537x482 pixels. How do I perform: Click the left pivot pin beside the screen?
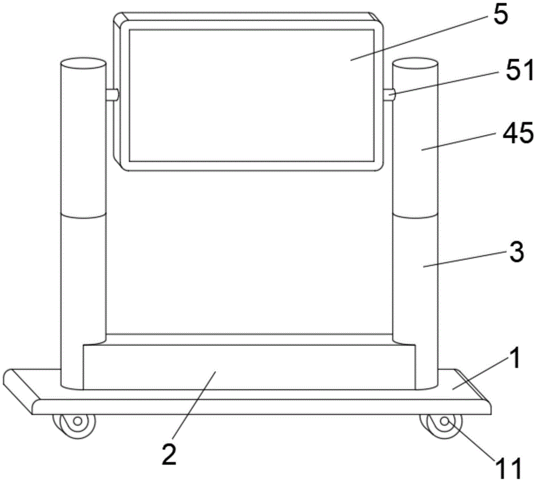click(x=112, y=95)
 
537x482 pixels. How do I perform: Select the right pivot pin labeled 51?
click(x=390, y=95)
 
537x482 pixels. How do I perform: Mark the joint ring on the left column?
click(x=83, y=216)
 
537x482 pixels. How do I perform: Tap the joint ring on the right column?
click(x=415, y=216)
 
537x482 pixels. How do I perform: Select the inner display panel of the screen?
click(x=251, y=95)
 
